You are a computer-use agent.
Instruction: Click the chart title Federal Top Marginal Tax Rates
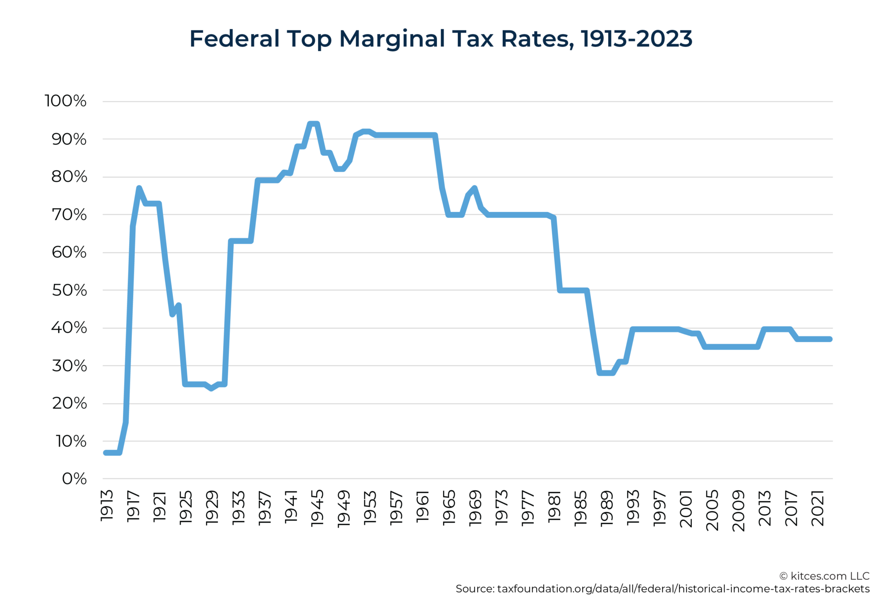(441, 39)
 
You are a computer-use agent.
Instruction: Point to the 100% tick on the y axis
(65, 101)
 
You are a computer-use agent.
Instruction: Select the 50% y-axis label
(69, 290)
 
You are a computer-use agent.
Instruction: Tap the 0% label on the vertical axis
(74, 479)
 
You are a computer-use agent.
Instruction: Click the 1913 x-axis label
(107, 506)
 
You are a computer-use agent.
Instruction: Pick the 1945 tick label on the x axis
(318, 508)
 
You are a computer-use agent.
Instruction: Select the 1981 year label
(554, 507)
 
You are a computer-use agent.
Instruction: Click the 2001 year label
(686, 509)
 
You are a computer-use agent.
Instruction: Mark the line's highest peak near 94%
(313, 124)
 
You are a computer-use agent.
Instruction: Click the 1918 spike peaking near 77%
(139, 188)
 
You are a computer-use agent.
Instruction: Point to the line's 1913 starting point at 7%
(106, 453)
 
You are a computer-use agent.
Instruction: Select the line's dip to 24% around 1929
(212, 388)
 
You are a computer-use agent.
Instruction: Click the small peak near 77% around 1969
(475, 188)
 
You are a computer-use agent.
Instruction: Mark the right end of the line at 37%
(830, 339)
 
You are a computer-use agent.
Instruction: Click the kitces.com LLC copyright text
(824, 576)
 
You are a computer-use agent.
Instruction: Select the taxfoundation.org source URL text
(683, 589)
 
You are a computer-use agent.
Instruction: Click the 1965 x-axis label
(449, 508)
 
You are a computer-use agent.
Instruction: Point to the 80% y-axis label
(69, 177)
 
